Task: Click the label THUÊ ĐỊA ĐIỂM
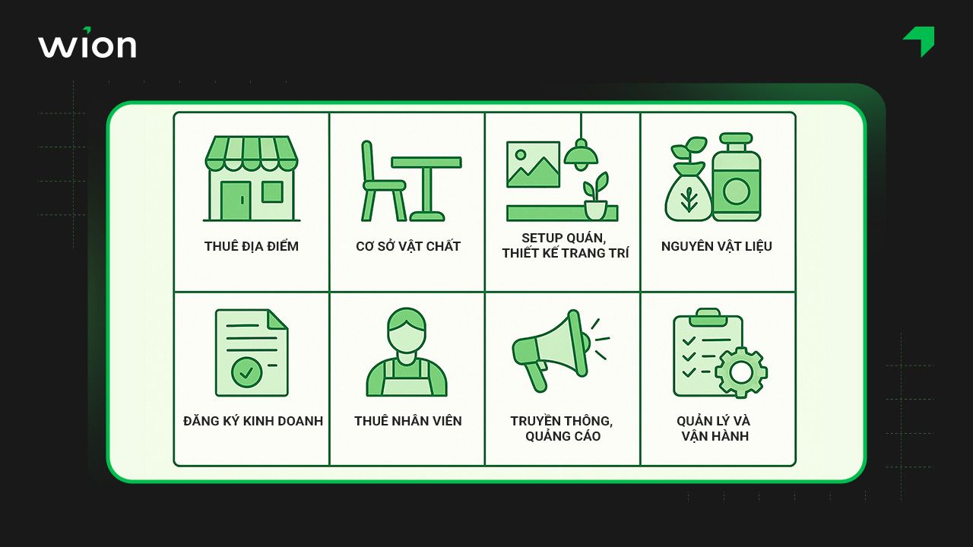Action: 252,246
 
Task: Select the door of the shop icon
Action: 236,201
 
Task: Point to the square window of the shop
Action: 272,191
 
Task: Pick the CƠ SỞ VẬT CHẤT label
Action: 408,246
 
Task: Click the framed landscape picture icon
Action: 533,165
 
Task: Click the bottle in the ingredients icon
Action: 737,178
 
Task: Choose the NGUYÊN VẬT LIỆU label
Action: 717,246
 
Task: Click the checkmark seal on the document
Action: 246,372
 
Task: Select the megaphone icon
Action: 561,350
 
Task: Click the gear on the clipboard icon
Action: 741,372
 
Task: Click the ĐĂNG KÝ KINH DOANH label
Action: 253,421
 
